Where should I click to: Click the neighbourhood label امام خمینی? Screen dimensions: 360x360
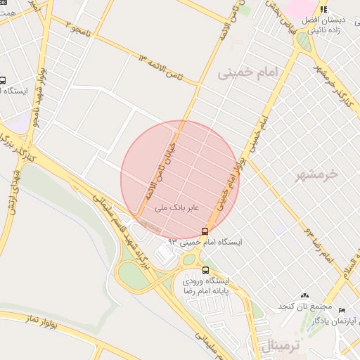(x=248, y=72)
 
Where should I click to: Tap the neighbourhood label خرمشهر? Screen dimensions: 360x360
(x=317, y=173)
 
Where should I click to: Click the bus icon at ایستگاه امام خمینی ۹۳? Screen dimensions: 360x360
(x=205, y=231)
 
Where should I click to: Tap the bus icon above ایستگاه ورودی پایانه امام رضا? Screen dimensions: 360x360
(x=205, y=270)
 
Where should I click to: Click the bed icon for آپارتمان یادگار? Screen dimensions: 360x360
(x=342, y=310)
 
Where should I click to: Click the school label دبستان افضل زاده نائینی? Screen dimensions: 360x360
(x=323, y=20)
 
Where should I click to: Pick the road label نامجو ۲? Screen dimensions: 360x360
(x=78, y=27)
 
